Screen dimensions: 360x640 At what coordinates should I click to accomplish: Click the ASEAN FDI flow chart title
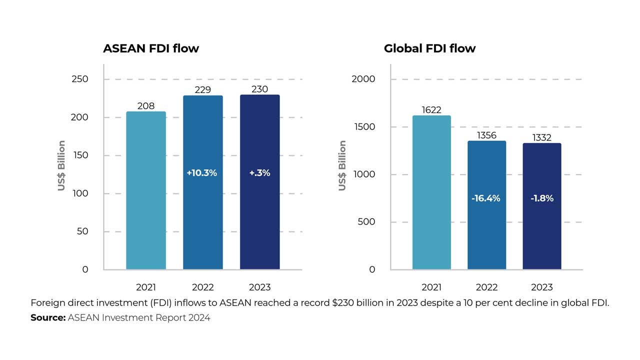[x=151, y=48]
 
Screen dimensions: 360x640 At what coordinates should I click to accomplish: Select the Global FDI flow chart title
[x=429, y=48]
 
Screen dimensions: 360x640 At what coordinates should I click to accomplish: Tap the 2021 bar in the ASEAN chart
[x=146, y=190]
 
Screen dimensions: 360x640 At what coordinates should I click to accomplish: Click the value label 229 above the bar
[x=202, y=89]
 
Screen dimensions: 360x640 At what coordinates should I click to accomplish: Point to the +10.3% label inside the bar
[x=201, y=173]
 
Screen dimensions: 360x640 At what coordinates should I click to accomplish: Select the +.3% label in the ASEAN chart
[x=259, y=173]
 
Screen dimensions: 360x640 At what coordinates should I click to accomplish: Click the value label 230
[x=259, y=89]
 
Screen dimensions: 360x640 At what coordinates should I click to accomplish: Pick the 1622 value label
[x=431, y=110]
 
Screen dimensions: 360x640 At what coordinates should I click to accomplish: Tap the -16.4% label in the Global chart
[x=486, y=198]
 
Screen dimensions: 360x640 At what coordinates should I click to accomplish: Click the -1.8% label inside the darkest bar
[x=542, y=198]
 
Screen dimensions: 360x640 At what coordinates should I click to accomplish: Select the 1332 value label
[x=542, y=137]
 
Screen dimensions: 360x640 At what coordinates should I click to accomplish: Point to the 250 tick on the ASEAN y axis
[x=80, y=79]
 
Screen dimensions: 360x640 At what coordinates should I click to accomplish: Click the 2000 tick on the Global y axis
[x=364, y=79]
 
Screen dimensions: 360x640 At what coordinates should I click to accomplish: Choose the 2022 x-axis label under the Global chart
[x=486, y=287]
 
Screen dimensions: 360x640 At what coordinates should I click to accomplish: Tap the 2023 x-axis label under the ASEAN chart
[x=259, y=287]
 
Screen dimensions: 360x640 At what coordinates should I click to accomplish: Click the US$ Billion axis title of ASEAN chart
[x=61, y=165]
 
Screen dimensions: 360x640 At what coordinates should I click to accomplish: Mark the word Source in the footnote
[x=47, y=317]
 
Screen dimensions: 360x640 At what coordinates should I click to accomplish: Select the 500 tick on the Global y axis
[x=366, y=222]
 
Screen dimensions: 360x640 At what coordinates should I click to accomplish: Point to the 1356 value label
[x=486, y=135]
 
